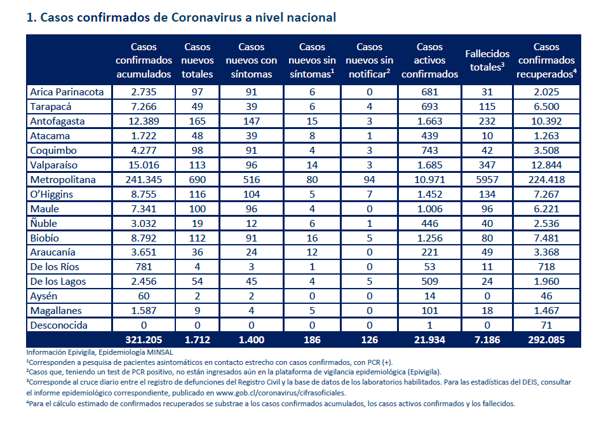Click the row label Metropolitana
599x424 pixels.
click(63, 180)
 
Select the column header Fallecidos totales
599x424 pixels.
click(487, 60)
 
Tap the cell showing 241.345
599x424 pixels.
click(144, 180)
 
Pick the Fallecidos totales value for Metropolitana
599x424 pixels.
click(487, 180)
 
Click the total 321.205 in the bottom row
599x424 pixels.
click(144, 340)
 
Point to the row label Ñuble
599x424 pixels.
click(44, 223)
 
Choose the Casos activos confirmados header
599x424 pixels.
click(430, 60)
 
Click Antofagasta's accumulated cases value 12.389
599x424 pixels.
click(144, 121)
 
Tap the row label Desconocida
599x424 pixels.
click(59, 325)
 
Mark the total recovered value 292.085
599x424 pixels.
click(546, 340)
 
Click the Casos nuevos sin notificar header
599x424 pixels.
click(370, 60)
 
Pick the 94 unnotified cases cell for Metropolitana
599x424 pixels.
click(370, 180)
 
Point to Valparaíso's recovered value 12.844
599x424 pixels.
click(546, 165)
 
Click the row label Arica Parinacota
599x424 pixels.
click(67, 92)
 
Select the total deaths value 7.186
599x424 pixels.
click(487, 340)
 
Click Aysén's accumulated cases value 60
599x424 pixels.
click(144, 296)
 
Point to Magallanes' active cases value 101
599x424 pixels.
click(430, 311)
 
